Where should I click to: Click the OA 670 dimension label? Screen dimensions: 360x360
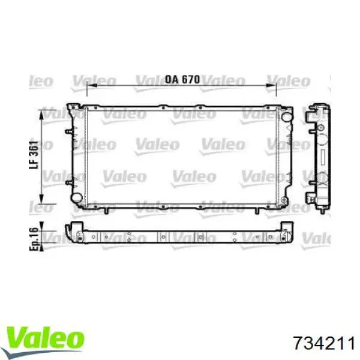[182, 79]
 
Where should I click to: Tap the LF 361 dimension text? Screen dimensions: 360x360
[34, 155]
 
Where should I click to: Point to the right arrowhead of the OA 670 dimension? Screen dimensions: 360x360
[271, 86]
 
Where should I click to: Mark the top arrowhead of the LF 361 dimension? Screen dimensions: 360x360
[41, 115]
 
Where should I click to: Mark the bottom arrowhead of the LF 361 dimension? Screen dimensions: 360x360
[41, 199]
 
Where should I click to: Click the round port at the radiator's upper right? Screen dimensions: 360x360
[287, 117]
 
